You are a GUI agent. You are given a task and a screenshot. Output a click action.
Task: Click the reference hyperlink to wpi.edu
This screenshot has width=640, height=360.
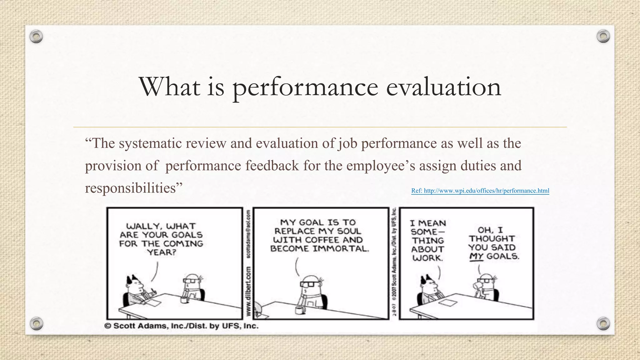point(480,191)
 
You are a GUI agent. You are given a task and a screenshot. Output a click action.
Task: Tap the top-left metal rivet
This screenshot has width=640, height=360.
point(36,37)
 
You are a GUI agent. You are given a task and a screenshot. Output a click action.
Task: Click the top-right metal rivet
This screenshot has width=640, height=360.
point(603,37)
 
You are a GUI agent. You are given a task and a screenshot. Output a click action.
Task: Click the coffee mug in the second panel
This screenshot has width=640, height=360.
point(300,310)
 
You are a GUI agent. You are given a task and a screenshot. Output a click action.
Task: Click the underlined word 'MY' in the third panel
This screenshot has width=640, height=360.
point(476,257)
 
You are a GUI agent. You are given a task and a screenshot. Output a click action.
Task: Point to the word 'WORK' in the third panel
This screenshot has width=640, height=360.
point(427,258)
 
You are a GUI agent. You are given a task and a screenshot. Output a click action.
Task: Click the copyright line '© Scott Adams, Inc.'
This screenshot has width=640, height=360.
point(181,326)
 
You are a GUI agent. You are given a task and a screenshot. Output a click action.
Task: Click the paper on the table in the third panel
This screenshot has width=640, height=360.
point(447,302)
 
